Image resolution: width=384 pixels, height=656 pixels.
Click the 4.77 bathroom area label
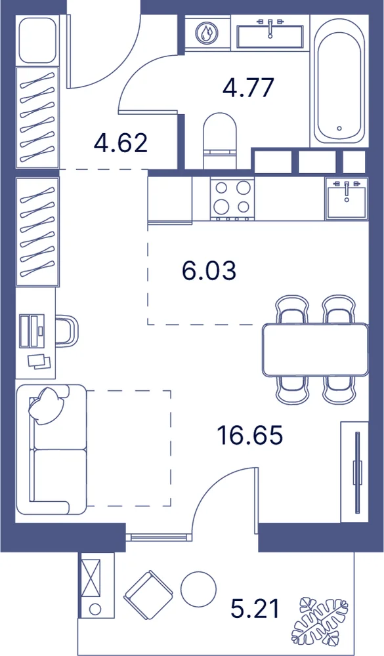[x=249, y=87]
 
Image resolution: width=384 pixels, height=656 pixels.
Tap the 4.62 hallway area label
[x=121, y=143]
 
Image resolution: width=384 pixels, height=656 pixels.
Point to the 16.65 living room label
[x=250, y=435]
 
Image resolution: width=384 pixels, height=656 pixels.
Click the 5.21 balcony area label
[x=255, y=608]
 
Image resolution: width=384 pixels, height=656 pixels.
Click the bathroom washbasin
[x=270, y=35]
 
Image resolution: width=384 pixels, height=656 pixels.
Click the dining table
[x=315, y=350]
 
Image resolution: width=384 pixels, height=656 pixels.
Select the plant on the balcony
[x=320, y=621]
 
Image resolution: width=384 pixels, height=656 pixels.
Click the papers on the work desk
[x=39, y=361]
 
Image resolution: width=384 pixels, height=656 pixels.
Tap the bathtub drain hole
[x=339, y=129]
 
